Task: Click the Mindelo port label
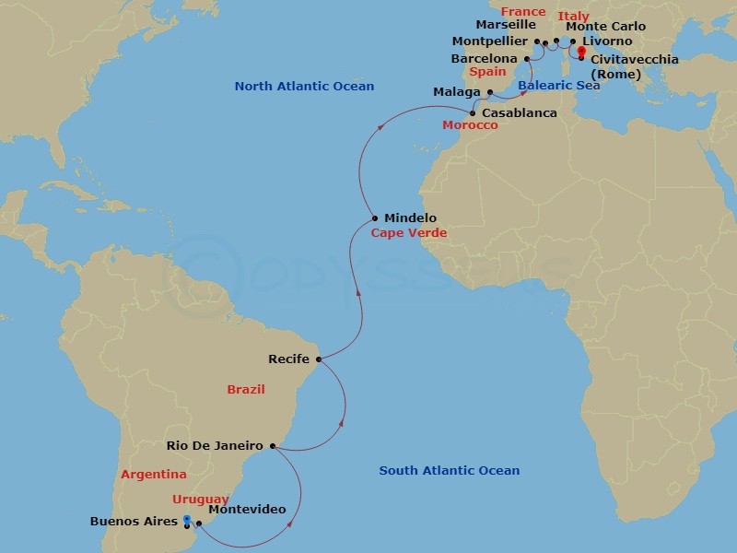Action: coord(410,218)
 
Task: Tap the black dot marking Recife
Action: coord(319,359)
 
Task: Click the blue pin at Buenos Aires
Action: coord(187,521)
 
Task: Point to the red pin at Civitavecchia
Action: coord(581,52)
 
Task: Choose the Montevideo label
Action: coord(247,510)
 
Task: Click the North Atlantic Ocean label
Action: coord(304,87)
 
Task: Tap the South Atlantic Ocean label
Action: coord(449,471)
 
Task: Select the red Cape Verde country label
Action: coord(408,233)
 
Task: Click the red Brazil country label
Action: coord(246,390)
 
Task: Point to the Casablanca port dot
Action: coord(473,113)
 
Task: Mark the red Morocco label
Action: coord(470,125)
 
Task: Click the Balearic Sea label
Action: coord(558,86)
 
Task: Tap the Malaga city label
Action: coord(456,92)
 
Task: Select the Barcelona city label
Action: coord(484,59)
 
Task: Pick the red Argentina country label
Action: coord(154,475)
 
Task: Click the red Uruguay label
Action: coord(200,499)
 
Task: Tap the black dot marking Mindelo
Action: coord(375,218)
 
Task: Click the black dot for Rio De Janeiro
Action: coord(272,446)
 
